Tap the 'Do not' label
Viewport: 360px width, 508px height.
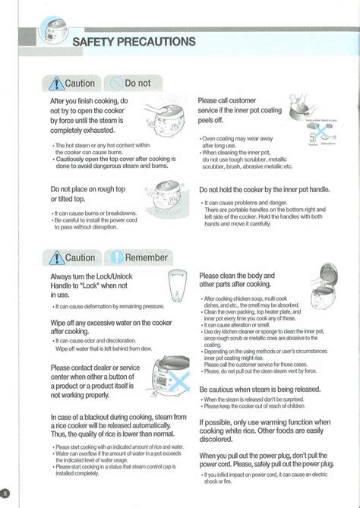pyautogui.click(x=137, y=84)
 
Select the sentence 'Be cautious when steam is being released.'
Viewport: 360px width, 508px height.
pyautogui.click(x=260, y=389)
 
